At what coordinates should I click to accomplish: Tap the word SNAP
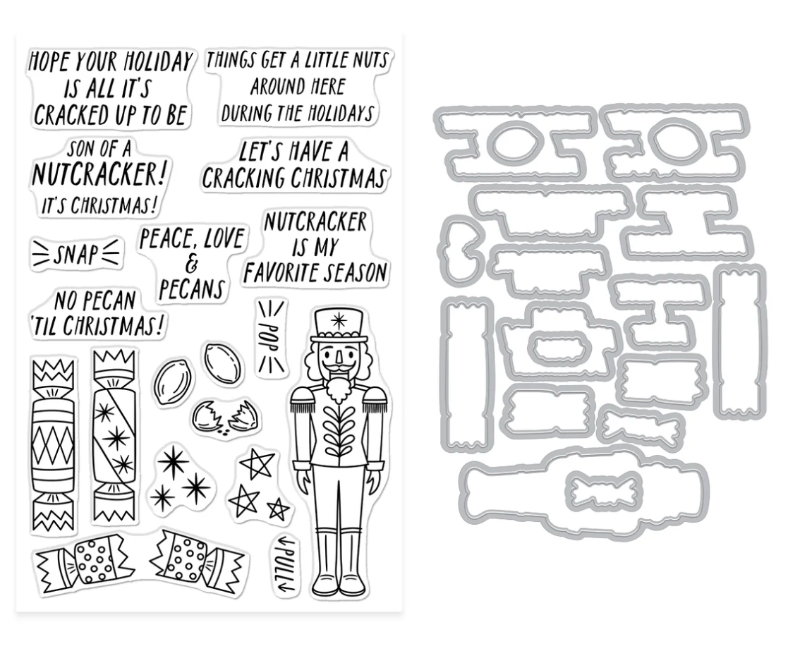pos(76,255)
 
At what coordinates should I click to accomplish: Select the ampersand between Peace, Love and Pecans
pos(193,265)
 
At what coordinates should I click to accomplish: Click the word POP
pos(271,336)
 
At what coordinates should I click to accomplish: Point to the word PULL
pos(286,565)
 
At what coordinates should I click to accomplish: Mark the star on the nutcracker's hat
pos(338,322)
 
